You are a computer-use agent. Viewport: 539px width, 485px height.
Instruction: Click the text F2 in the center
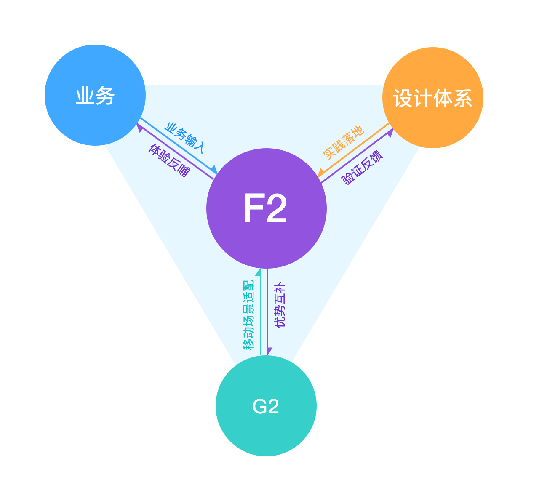coord(265,209)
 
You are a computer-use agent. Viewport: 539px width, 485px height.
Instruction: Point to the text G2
coord(266,407)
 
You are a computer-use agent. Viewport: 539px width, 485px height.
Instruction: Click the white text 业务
coord(95,96)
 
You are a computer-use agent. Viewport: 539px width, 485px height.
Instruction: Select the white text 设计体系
coord(432,98)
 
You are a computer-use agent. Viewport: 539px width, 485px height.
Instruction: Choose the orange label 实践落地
coord(344,142)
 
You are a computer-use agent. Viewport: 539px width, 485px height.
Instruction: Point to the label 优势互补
coord(280,306)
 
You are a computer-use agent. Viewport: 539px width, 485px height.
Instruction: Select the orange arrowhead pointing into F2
coord(321,173)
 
